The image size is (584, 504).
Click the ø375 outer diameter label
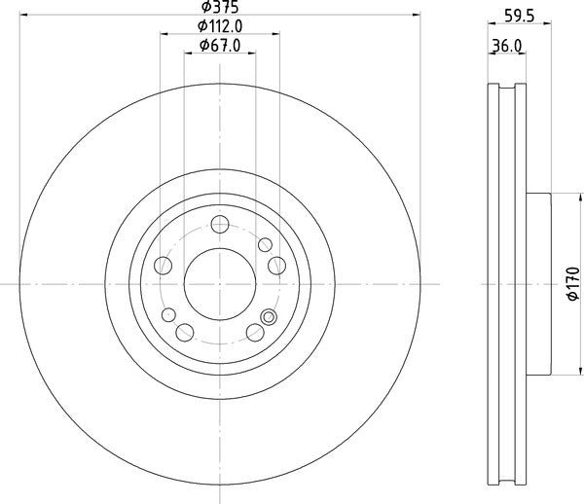pos(221,10)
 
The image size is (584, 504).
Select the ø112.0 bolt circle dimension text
pos(221,26)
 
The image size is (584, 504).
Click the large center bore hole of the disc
pos(221,283)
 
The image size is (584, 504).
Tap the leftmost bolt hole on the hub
pos(164,265)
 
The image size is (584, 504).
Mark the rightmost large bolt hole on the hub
pos(275,265)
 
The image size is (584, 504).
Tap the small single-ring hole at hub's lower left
pos(169,314)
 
